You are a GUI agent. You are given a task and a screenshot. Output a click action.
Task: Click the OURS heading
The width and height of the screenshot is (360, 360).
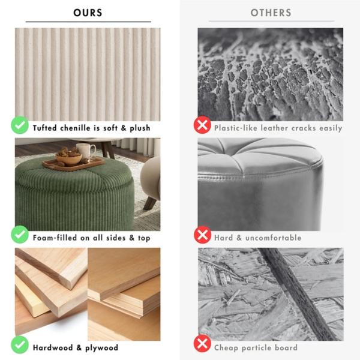pos(88,13)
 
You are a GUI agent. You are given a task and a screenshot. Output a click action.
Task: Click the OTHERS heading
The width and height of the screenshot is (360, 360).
pos(271,13)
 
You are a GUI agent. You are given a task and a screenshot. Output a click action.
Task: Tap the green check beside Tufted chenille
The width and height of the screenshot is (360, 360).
pos(20,125)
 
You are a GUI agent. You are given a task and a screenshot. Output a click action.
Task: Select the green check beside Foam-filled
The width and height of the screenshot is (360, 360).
pos(20,235)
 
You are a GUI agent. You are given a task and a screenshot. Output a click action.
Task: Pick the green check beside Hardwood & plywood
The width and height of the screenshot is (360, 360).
pos(20,344)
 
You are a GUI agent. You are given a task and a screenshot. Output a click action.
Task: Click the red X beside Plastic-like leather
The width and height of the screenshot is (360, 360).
pos(202,125)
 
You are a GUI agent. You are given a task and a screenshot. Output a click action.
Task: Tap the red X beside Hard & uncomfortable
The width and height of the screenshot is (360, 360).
pos(202,235)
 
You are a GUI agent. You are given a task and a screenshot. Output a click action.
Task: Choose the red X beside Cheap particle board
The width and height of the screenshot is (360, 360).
pos(202,343)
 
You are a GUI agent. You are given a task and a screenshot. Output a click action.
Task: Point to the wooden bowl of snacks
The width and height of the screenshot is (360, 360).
pos(69,157)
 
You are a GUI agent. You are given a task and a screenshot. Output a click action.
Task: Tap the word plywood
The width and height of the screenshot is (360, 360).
pos(102,348)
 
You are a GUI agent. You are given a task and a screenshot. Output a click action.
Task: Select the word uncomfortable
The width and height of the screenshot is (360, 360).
pos(273,238)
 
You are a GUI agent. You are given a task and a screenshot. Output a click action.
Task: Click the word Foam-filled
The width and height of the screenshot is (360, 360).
pos(55,238)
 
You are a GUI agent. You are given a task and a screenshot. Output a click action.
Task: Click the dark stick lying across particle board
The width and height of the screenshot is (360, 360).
pos(298,295)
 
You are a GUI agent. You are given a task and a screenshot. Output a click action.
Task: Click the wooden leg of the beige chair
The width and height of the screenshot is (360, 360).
pos(151,203)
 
